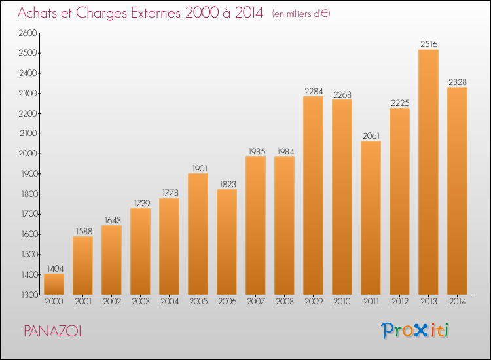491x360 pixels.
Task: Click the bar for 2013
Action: click(428, 172)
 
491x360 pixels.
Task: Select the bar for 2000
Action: click(54, 284)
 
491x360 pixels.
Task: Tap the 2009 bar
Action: click(313, 195)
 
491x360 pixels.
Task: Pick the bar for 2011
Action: click(371, 218)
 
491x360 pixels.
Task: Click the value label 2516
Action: click(429, 44)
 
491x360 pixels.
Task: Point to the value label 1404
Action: click(55, 268)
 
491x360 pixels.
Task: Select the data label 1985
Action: click(257, 151)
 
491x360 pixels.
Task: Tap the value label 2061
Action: click(371, 136)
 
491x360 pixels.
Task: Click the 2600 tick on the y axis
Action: click(28, 33)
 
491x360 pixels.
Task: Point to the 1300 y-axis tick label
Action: click(29, 295)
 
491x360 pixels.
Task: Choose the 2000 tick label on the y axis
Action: click(28, 154)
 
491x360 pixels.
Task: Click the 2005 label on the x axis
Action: click(198, 301)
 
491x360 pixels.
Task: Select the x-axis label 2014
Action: click(458, 301)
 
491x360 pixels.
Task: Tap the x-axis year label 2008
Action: click(285, 301)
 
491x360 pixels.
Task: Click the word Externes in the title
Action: click(156, 12)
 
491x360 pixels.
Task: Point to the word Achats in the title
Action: click(37, 12)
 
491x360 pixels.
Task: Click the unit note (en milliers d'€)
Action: click(301, 14)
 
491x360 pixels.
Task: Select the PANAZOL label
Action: click(54, 331)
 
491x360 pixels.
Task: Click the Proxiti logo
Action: click(415, 331)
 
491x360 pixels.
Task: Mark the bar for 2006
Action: click(227, 242)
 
